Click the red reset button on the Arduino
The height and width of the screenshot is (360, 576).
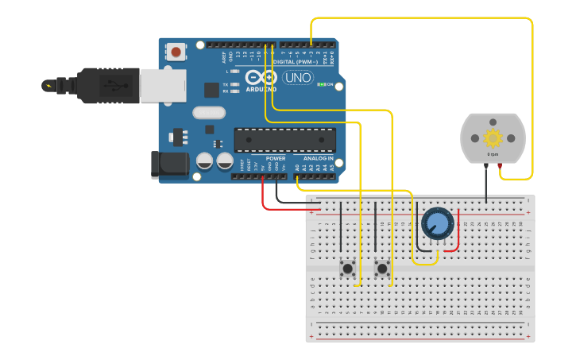click(x=176, y=52)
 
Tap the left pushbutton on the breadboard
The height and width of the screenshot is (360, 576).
click(x=347, y=269)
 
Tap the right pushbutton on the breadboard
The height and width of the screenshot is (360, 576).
click(x=382, y=269)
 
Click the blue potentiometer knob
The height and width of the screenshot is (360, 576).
click(x=436, y=223)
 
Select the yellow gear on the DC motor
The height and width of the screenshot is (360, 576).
click(x=493, y=137)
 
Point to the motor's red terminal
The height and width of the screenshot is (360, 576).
click(x=500, y=165)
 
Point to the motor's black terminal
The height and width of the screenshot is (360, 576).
click(x=485, y=165)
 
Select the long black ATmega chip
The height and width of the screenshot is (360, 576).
click(x=284, y=140)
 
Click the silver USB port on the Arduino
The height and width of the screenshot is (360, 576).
click(x=162, y=85)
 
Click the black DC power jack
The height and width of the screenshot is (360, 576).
click(x=170, y=165)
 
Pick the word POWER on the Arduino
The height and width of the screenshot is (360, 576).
click(x=276, y=158)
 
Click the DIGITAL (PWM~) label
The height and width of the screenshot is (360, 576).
click(x=295, y=61)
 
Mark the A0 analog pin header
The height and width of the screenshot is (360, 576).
click(x=297, y=176)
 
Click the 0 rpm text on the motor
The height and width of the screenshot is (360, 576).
click(x=493, y=153)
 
